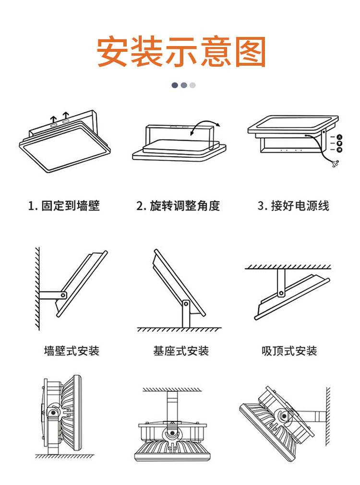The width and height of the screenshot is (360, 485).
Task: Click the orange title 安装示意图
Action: tap(181, 51)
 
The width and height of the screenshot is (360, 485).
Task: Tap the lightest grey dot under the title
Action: tap(192, 85)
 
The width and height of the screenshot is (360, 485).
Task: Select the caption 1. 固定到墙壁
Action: tap(63, 206)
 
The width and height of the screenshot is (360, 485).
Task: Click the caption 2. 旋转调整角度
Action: tap(178, 206)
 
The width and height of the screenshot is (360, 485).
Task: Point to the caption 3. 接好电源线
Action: tap(293, 206)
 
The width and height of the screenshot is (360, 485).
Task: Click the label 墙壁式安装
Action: tap(72, 351)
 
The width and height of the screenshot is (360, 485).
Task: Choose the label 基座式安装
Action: tap(181, 351)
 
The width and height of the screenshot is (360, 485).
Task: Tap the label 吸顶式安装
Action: tap(289, 351)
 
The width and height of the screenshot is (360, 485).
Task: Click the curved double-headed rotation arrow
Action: tap(204, 126)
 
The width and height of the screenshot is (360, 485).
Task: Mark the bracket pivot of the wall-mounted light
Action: tap(62, 294)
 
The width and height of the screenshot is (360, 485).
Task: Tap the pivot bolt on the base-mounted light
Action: tap(185, 303)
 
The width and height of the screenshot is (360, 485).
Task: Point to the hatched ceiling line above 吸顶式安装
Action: tap(288, 266)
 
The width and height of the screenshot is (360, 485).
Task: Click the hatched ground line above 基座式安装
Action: tap(180, 330)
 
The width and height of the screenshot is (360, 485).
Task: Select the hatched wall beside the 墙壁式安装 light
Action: tap(37, 288)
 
